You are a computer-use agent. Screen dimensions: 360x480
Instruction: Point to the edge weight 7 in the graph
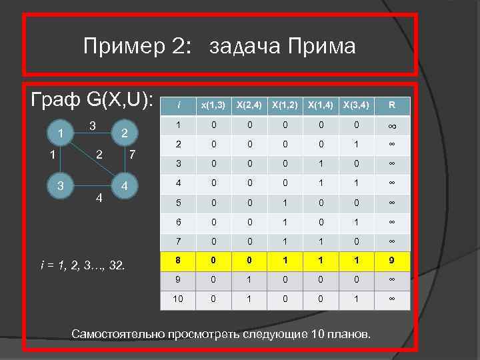[133, 156]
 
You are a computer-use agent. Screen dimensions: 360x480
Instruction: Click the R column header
[392, 105]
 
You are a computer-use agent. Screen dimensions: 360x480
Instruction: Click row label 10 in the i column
[179, 300]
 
